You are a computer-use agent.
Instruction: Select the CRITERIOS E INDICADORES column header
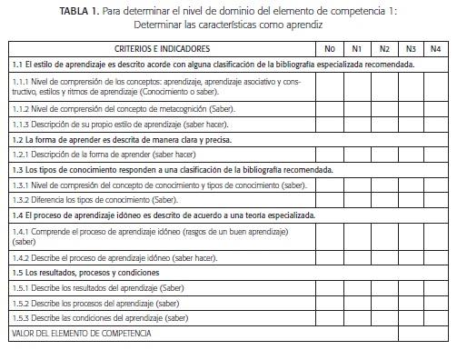coord(163,47)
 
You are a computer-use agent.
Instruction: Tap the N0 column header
coord(330,47)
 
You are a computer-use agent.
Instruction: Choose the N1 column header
coord(357,47)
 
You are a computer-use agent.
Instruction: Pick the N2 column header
coord(384,47)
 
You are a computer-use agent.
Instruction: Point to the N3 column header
coord(412,47)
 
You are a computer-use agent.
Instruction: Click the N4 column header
coord(436,47)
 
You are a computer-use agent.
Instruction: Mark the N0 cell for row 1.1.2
coord(330,107)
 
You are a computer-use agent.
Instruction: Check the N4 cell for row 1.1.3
coord(436,124)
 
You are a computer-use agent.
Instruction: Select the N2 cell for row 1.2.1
coord(384,154)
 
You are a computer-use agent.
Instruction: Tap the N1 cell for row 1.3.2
coord(357,199)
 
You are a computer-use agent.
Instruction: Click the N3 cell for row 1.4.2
coord(412,258)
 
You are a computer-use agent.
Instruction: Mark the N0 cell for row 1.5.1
coord(330,287)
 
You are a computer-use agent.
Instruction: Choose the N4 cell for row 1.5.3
coord(436,317)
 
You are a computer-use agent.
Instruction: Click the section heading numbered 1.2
coord(122,139)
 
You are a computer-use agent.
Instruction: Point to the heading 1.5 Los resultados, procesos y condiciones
coord(85,273)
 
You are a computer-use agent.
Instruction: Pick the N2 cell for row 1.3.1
coord(384,185)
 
